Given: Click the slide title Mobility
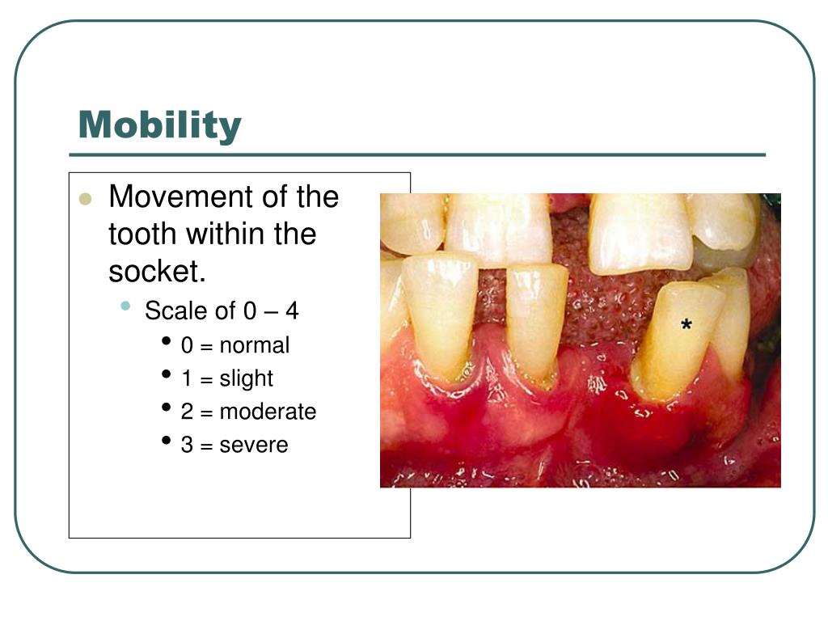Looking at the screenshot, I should coord(159,125).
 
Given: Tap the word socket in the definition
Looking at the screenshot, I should coord(156,272).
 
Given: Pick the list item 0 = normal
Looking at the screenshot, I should coord(234,345).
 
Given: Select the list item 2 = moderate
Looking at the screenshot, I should coord(248,412).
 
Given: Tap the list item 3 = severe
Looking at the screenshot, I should coord(234,445).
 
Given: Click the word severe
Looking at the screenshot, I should coord(254,445).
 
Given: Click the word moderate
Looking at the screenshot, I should coord(268,412).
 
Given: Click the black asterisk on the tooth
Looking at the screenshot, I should coord(686,326).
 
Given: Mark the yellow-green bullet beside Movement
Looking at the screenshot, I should coord(86,199).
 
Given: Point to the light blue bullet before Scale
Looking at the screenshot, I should coord(125,306).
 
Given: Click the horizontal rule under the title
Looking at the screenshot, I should coord(417,154).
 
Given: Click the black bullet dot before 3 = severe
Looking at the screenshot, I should coord(166,441).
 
